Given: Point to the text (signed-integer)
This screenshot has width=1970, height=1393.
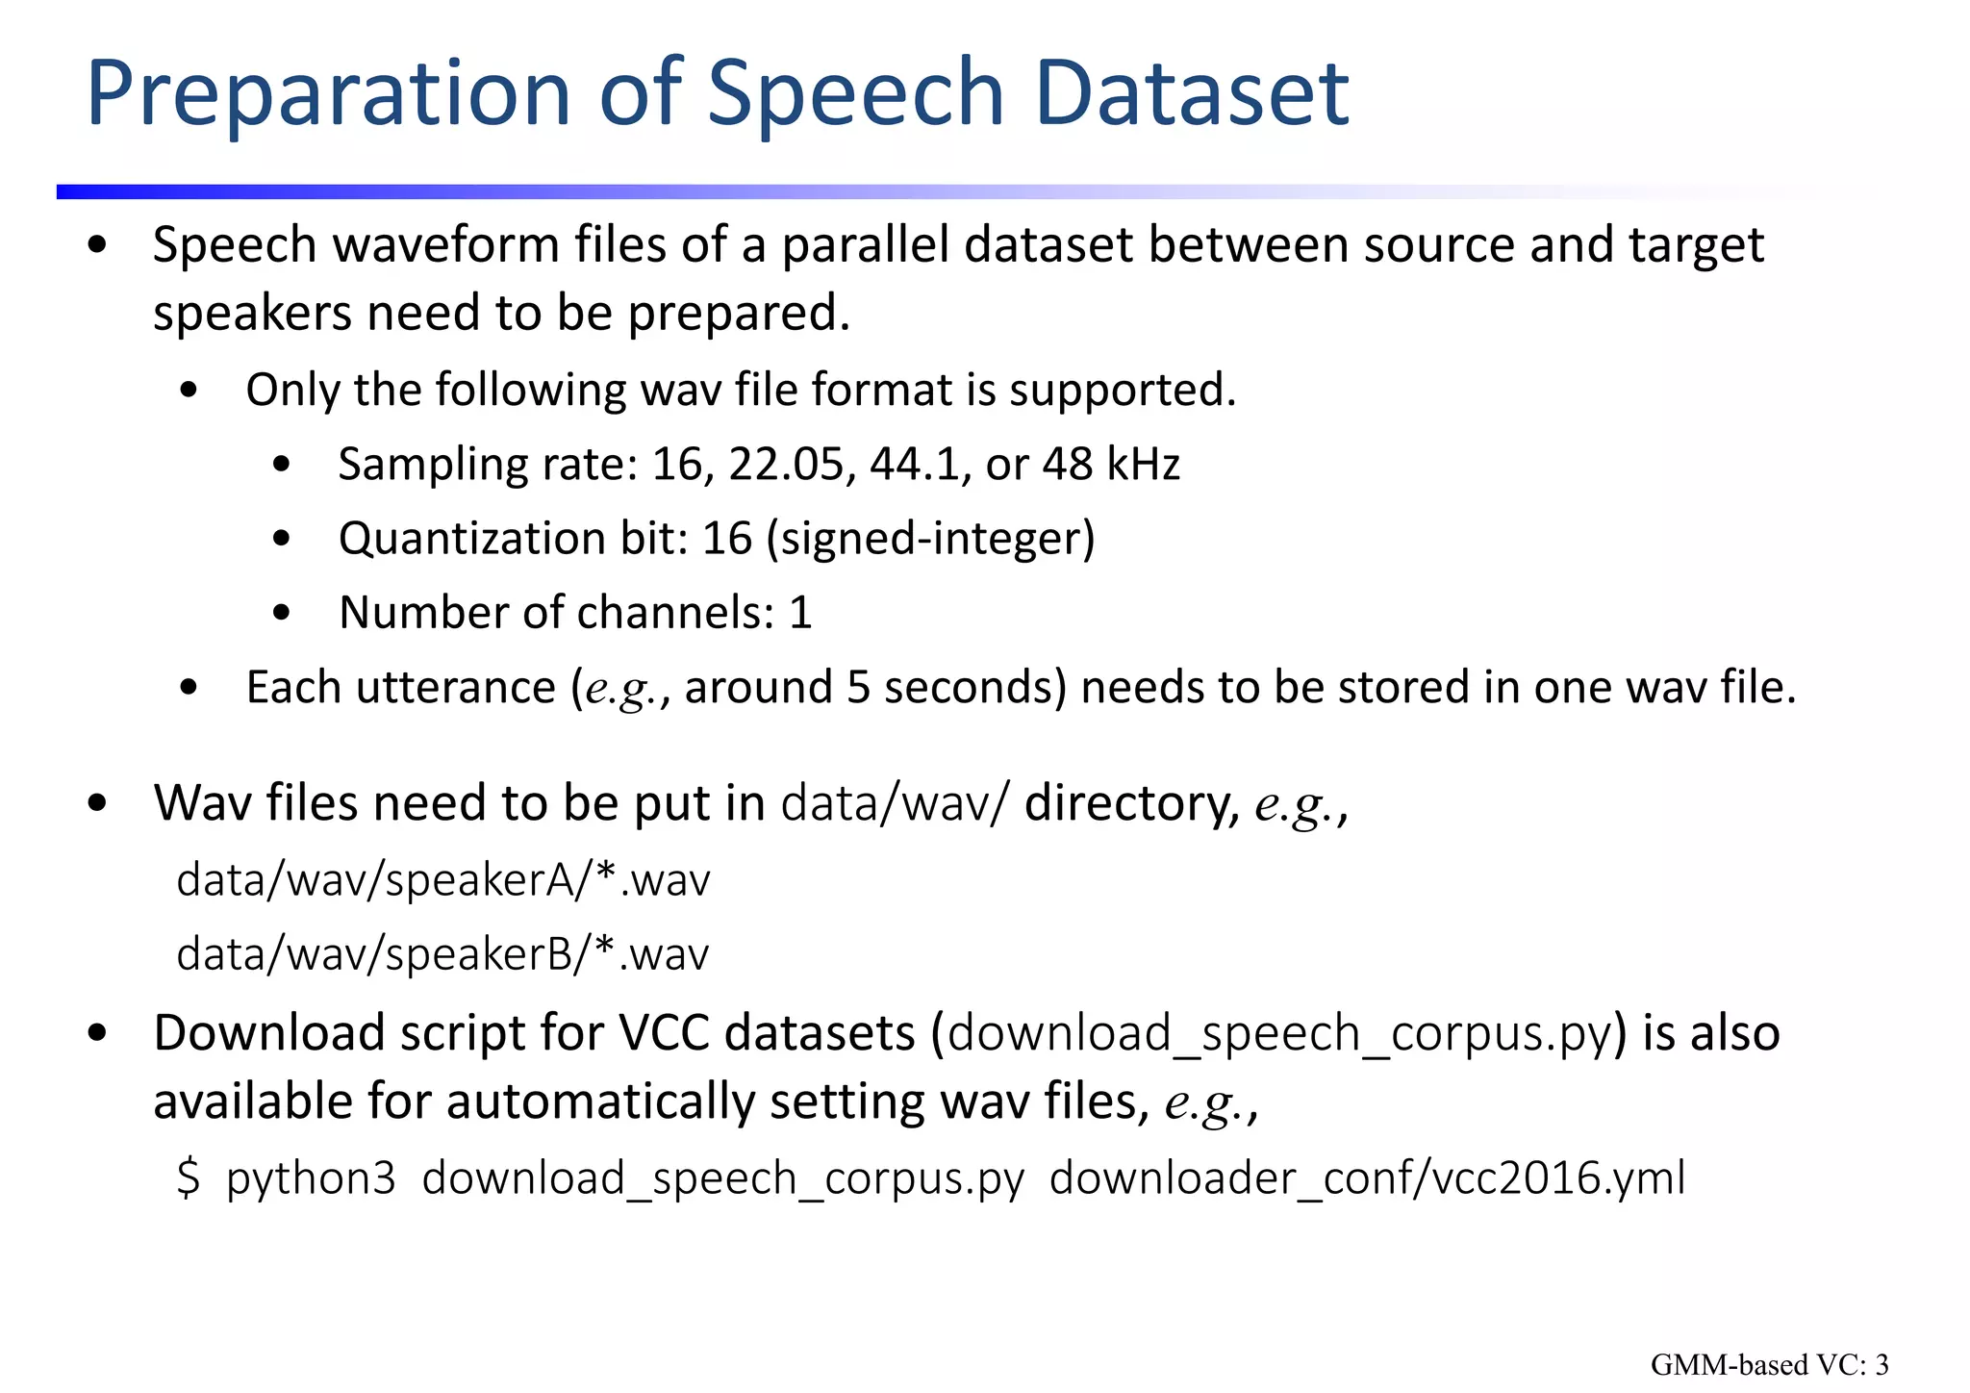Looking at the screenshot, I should coord(930,539).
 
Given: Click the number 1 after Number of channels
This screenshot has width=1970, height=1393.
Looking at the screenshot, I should coord(800,613).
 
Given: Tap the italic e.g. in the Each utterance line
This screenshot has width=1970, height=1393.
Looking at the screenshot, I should coord(626,689).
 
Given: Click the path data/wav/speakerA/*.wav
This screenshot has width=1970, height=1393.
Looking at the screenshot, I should coord(442,880).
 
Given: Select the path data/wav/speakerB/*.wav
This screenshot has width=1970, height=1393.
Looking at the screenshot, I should coord(442,954).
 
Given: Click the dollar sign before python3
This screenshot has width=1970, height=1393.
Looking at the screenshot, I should coord(189,1178).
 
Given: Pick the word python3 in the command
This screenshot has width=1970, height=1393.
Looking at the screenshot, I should coord(311,1178).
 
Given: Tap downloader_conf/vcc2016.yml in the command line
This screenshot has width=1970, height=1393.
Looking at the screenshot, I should coord(1366,1178).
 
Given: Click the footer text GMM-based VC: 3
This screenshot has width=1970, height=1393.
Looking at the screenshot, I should coord(1769,1364).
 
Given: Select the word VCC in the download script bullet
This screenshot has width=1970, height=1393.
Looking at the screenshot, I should coord(664,1034).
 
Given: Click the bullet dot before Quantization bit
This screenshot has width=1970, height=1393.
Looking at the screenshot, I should coord(281,539).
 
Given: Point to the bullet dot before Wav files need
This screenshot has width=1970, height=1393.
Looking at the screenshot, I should coord(96,803).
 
